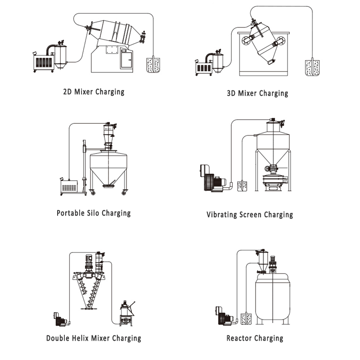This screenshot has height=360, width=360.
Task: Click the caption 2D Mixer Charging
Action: (94, 92)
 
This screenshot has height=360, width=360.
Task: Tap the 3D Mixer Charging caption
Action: (257, 94)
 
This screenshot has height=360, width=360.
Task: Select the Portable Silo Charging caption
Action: (94, 213)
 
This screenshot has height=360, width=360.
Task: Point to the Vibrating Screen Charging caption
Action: (250, 215)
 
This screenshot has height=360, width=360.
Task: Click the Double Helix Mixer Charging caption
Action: (94, 338)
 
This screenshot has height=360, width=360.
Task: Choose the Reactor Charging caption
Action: (255, 338)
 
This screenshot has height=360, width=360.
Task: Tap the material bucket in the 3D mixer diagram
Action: (312, 68)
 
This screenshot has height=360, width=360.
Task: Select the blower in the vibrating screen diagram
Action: (210, 178)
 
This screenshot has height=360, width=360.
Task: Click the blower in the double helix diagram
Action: (58, 318)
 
